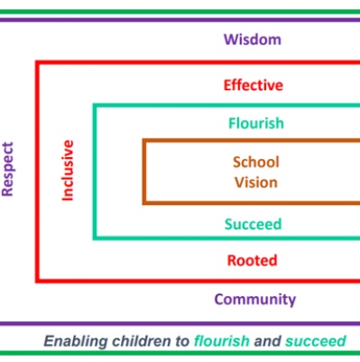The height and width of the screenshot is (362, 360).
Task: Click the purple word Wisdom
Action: [x=253, y=40]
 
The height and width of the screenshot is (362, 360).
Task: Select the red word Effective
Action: [x=254, y=85]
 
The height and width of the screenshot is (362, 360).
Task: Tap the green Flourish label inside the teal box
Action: [x=256, y=123]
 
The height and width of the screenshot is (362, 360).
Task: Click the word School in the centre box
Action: [x=256, y=162]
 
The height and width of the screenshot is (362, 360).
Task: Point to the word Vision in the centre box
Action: [x=256, y=182]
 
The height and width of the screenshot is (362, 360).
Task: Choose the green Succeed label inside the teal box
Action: [x=253, y=224]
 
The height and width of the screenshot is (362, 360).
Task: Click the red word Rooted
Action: [x=252, y=260]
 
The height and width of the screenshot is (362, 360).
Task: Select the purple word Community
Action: [x=255, y=300]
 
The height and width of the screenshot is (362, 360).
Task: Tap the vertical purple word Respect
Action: [x=7, y=169]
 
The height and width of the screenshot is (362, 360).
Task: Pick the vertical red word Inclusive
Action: [x=68, y=170]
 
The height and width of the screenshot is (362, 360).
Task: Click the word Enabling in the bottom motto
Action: [x=76, y=341]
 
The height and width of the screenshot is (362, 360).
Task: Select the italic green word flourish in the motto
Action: [x=222, y=341]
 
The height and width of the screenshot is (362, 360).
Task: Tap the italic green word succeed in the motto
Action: [x=316, y=341]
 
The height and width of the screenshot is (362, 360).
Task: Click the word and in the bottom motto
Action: [x=267, y=341]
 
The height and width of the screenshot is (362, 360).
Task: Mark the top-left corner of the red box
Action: [x=37, y=62]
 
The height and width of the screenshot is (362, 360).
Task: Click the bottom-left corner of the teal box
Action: [x=95, y=238]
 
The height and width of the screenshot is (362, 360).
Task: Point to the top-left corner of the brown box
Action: [x=144, y=141]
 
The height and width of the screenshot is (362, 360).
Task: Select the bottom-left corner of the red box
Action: [x=37, y=281]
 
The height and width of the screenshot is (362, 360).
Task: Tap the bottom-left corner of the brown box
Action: [x=144, y=203]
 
